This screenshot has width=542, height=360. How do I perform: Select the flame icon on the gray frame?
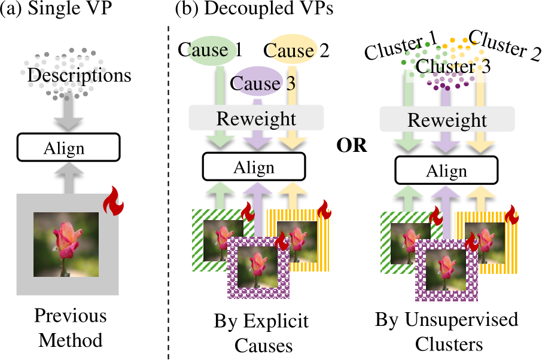tap(112, 201)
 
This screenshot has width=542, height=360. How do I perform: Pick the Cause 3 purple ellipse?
tap(255, 83)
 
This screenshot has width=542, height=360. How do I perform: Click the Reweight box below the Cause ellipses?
tap(256, 118)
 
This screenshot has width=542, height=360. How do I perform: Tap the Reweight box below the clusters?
tap(447, 120)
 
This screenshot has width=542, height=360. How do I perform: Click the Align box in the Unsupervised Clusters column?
tap(447, 171)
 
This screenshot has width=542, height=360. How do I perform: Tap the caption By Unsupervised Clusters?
tap(446, 332)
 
